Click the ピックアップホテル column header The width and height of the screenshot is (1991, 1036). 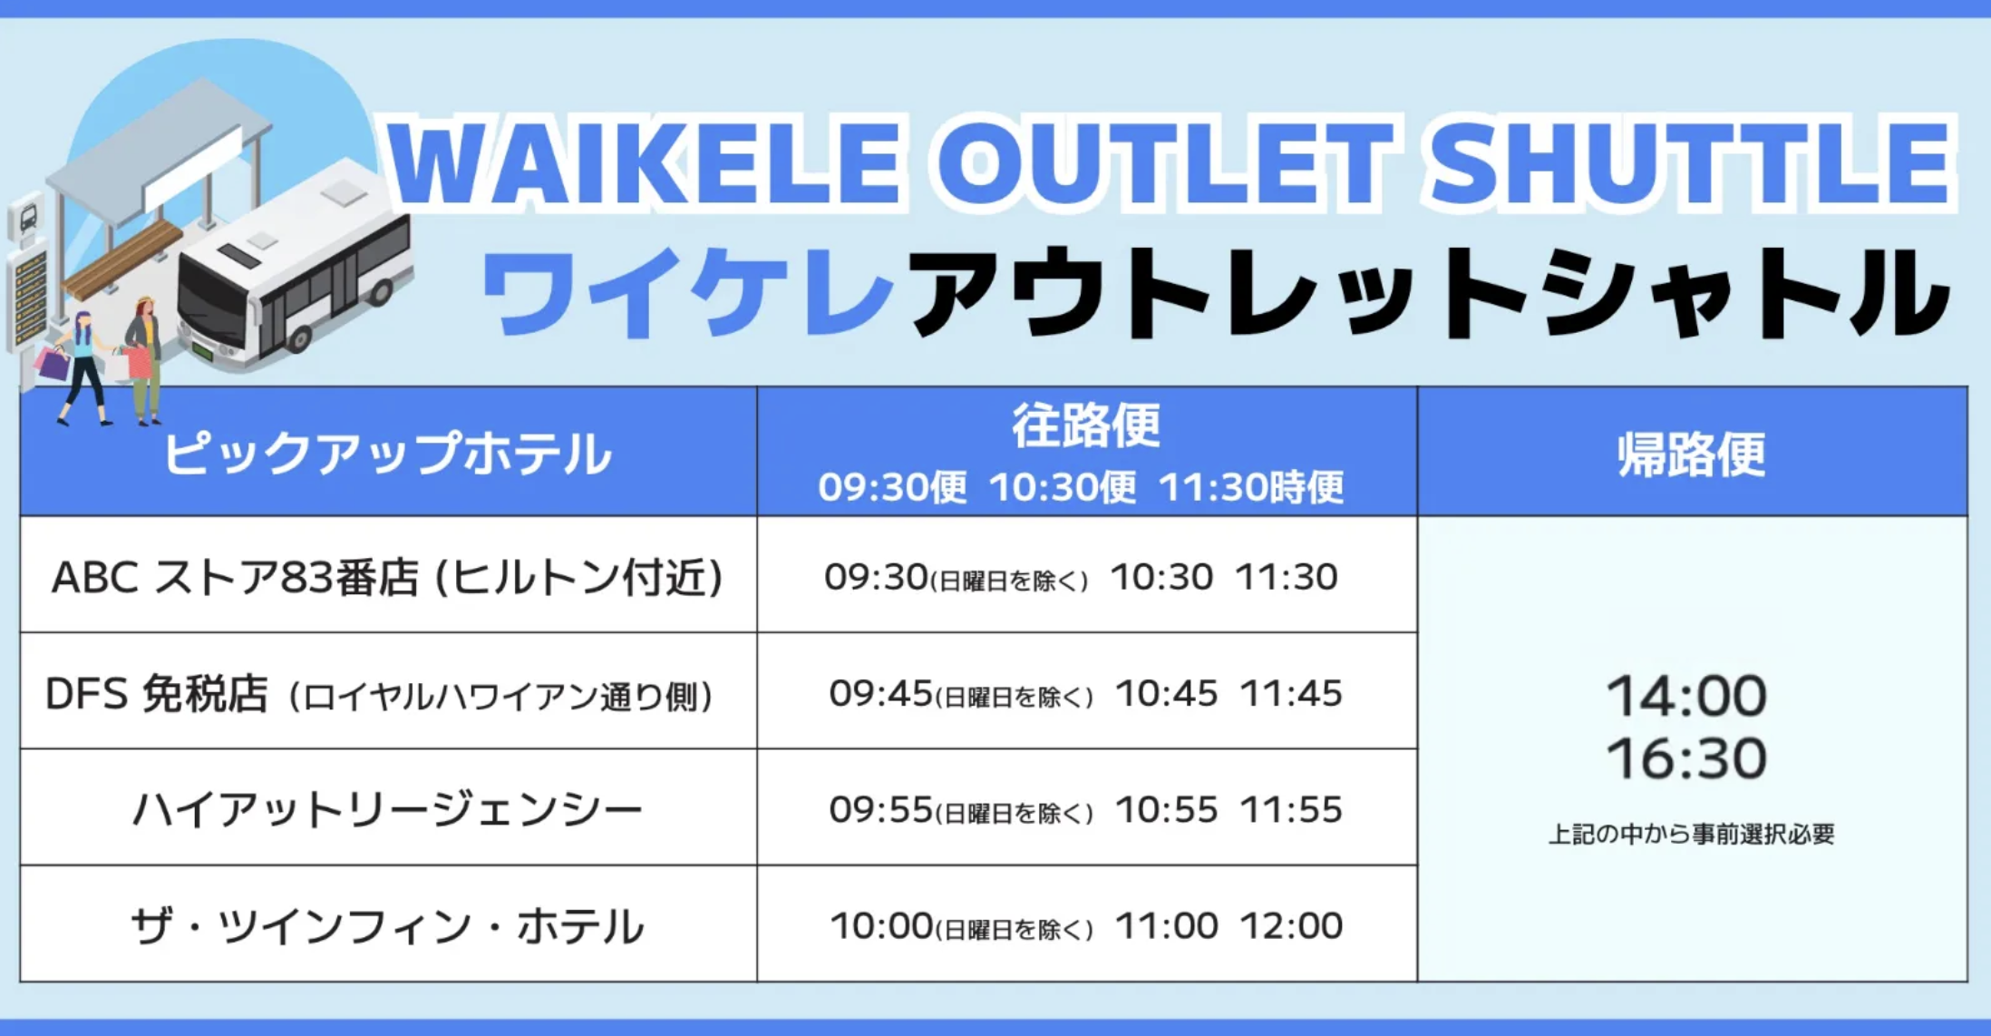tap(388, 453)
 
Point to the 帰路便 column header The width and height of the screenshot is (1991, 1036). tap(1692, 454)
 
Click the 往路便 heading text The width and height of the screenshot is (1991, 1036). tap(1086, 425)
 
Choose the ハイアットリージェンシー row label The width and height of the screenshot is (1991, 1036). tap(387, 809)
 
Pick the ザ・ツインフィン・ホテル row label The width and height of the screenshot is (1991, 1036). tap(387, 925)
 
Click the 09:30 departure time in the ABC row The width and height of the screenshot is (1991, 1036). tap(876, 577)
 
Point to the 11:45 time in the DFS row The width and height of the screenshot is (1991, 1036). tap(1291, 694)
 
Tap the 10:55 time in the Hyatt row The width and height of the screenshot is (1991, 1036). tap(1167, 810)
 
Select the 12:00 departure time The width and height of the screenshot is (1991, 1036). tap(1291, 926)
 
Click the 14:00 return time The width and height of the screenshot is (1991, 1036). tap(1686, 696)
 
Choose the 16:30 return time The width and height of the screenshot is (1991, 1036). tap(1686, 758)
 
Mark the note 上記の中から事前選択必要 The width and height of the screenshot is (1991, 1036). tap(1691, 834)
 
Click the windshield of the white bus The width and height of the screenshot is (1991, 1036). tap(210, 304)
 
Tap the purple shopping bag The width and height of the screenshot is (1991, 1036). tap(53, 363)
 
